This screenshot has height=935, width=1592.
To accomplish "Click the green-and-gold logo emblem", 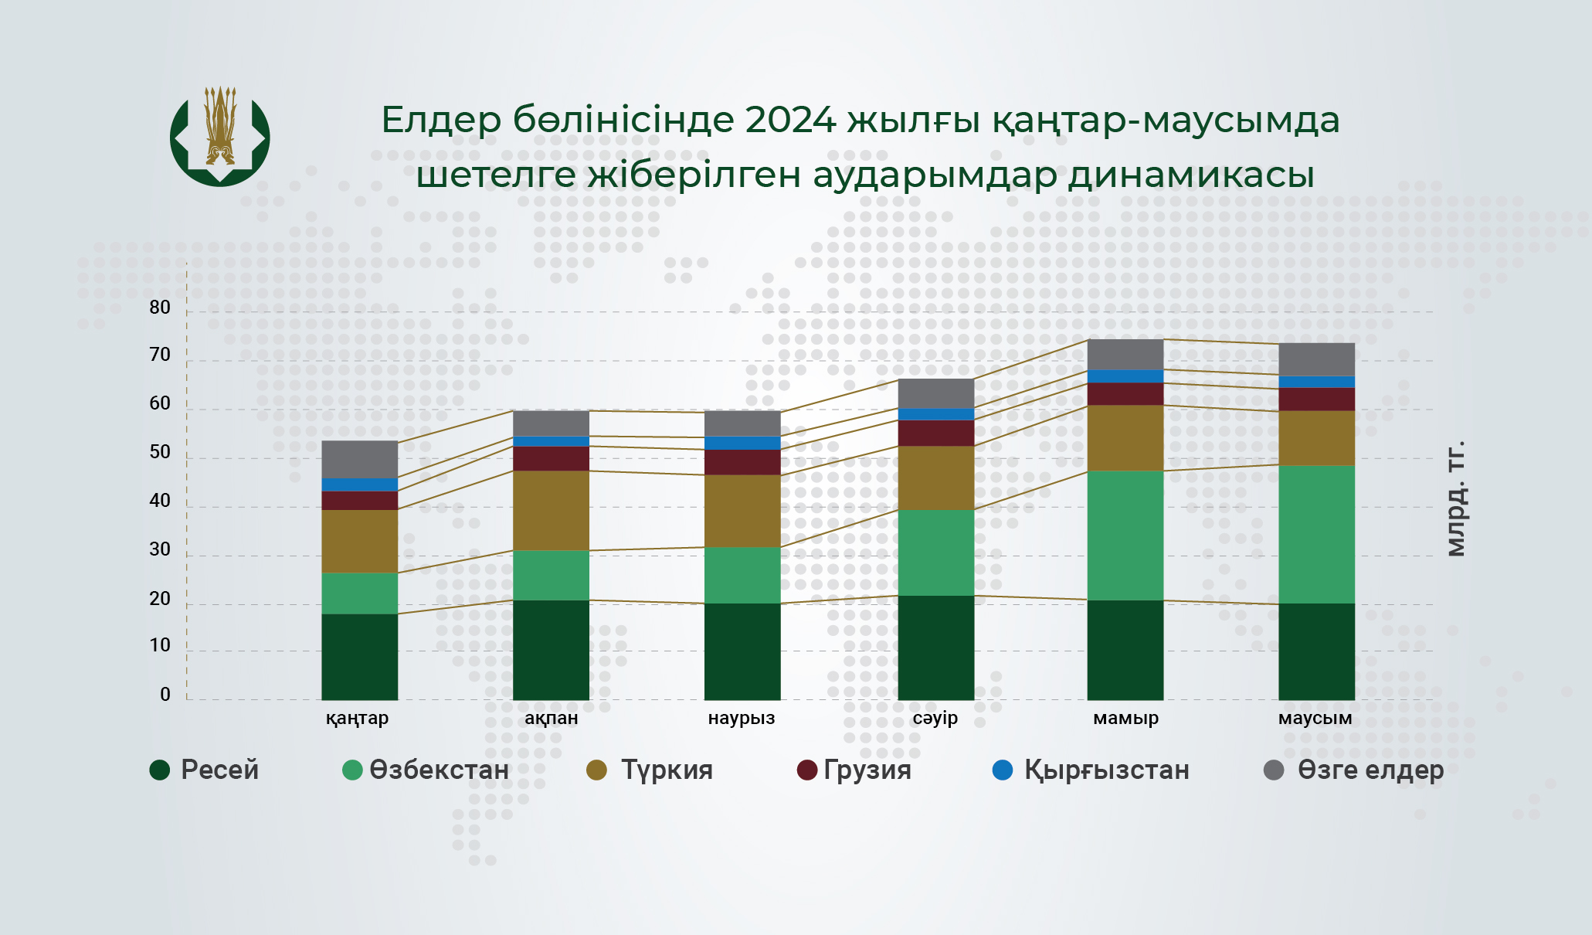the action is pyautogui.click(x=220, y=136).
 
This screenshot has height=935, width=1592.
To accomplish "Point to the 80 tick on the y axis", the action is pyautogui.click(x=160, y=308).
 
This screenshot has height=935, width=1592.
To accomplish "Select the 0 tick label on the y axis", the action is pyautogui.click(x=165, y=695).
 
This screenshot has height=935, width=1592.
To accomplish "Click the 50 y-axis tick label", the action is pyautogui.click(x=160, y=452).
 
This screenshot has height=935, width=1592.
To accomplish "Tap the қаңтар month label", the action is pyautogui.click(x=357, y=719).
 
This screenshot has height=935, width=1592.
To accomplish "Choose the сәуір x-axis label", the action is pyautogui.click(x=935, y=718).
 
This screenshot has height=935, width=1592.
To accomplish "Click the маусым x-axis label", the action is pyautogui.click(x=1315, y=718).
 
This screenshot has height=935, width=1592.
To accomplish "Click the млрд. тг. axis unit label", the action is pyautogui.click(x=1455, y=498).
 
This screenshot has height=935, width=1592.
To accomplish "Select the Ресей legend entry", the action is pyautogui.click(x=205, y=770).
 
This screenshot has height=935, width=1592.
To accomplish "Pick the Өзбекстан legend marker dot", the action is pyautogui.click(x=352, y=770).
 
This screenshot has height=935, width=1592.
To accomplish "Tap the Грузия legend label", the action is pyautogui.click(x=867, y=770).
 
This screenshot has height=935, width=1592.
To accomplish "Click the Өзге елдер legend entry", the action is pyautogui.click(x=1353, y=770).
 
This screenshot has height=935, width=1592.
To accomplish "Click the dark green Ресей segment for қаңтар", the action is pyautogui.click(x=360, y=657).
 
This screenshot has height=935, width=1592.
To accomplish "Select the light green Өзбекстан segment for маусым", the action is pyautogui.click(x=1316, y=534).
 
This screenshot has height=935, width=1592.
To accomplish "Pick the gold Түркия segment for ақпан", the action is pyautogui.click(x=552, y=511).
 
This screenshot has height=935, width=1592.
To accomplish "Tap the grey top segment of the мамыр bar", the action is pyautogui.click(x=1125, y=355).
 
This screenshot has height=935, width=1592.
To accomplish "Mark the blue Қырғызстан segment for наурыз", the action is pyautogui.click(x=742, y=444).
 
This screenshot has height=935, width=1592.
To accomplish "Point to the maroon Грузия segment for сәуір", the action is pyautogui.click(x=936, y=433).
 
